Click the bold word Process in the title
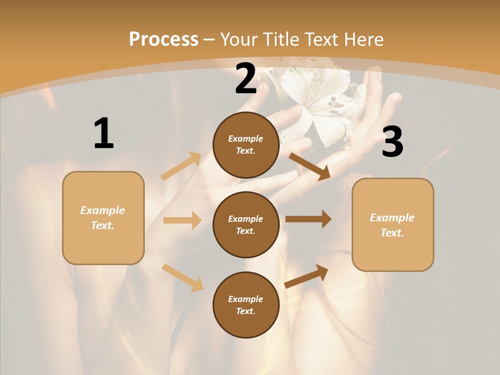(x=164, y=40)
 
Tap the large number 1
(x=104, y=133)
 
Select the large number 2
(x=246, y=79)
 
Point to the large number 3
(x=392, y=142)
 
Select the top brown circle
(x=246, y=145)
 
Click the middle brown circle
(x=246, y=224)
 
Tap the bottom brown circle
(x=246, y=305)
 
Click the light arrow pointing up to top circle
(x=181, y=166)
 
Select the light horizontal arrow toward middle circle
(x=182, y=220)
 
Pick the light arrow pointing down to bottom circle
(x=182, y=278)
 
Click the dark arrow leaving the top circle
(x=310, y=166)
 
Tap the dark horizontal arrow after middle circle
(x=308, y=219)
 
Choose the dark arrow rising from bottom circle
(x=307, y=276)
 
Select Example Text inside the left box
(x=103, y=218)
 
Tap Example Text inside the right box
(x=392, y=225)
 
